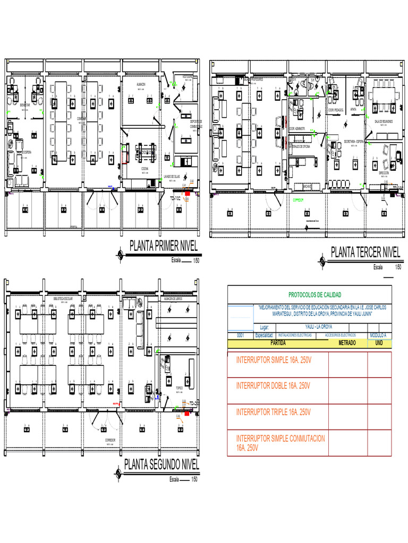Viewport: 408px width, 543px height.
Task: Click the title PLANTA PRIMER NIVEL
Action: tap(164, 247)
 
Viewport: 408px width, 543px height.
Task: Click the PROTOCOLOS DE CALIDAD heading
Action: tap(314, 295)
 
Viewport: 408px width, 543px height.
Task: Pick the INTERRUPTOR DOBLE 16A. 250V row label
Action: tap(273, 385)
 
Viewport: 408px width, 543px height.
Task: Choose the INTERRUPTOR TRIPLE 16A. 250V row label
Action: tap(273, 411)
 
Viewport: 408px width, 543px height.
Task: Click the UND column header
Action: tap(379, 343)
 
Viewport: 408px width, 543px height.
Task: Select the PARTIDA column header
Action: tap(278, 343)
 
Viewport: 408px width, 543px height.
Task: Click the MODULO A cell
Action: tap(378, 335)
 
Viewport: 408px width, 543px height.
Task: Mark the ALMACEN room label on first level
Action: tap(141, 84)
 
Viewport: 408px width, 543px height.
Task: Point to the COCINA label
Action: tap(144, 168)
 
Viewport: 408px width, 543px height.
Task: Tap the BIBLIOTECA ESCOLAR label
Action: tap(63, 299)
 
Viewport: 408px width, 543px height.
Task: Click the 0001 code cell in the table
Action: tap(240, 335)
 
